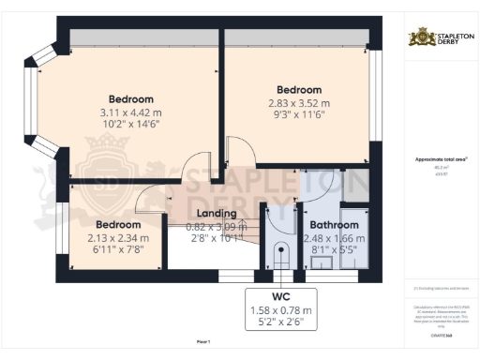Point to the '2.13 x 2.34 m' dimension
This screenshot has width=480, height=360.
coord(116,238)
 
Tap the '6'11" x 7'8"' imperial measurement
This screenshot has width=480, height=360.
coord(116,250)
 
